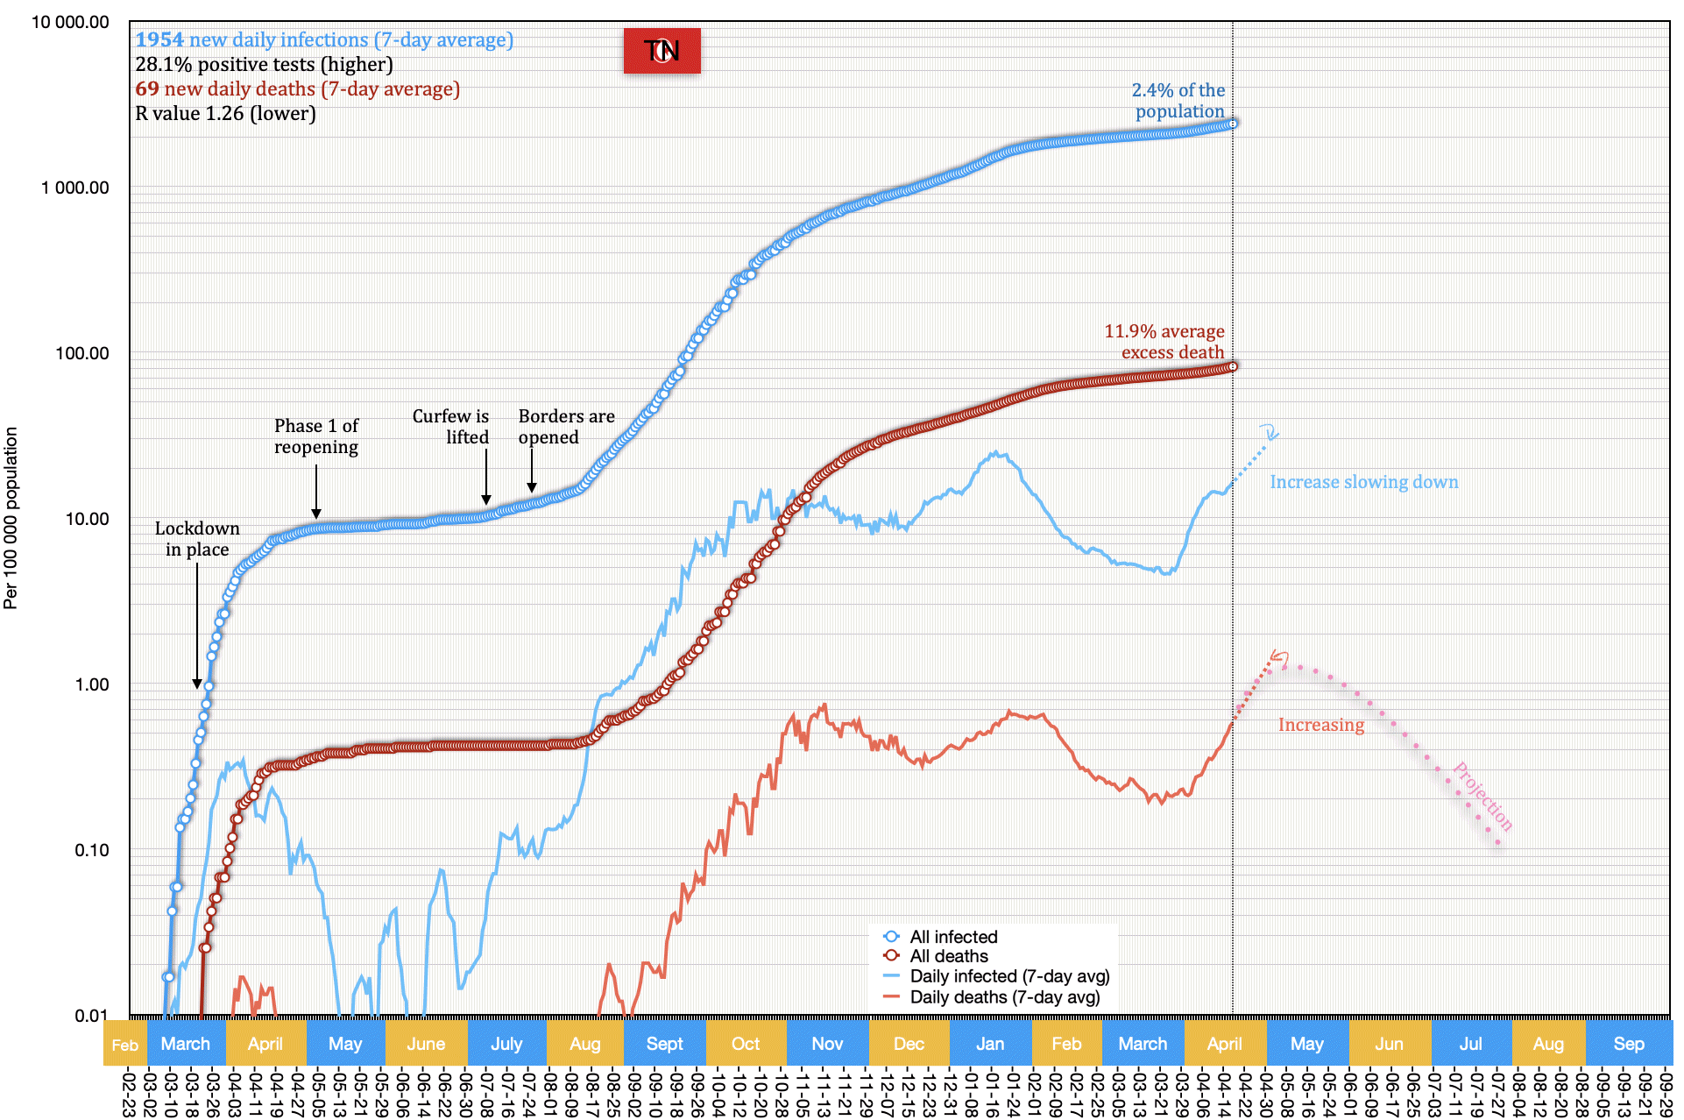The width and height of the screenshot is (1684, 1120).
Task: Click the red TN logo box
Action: point(662,51)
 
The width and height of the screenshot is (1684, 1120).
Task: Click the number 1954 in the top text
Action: point(159,40)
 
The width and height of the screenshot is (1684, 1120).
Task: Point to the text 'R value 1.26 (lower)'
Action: point(225,114)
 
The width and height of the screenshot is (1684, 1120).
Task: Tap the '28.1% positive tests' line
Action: point(264,65)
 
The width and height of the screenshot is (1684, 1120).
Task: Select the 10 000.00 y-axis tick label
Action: point(70,23)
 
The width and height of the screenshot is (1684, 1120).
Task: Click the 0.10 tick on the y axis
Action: point(91,851)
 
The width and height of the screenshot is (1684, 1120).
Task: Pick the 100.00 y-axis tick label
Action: point(81,354)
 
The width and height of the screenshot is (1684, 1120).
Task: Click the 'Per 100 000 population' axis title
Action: point(11,517)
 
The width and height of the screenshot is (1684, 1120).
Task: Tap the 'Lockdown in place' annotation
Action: point(197,539)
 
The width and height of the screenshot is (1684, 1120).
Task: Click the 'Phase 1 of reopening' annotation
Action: point(316,436)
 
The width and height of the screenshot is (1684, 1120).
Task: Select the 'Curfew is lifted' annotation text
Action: point(451,427)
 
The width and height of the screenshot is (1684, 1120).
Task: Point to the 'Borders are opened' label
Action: point(566,427)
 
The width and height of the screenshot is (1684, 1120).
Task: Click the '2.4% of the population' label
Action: point(1178,101)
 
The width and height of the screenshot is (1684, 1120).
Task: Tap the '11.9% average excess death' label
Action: point(1164,342)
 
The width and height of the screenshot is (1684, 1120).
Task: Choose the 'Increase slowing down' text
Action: point(1363,482)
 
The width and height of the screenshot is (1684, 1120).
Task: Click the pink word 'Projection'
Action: point(1482,796)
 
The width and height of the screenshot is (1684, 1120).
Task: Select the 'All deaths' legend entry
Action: point(948,956)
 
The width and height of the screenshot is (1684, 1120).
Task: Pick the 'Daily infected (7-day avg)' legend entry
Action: point(1008,976)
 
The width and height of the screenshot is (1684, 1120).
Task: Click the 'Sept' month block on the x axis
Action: point(664,1044)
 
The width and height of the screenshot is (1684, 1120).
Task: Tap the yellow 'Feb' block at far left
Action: point(125,1045)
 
